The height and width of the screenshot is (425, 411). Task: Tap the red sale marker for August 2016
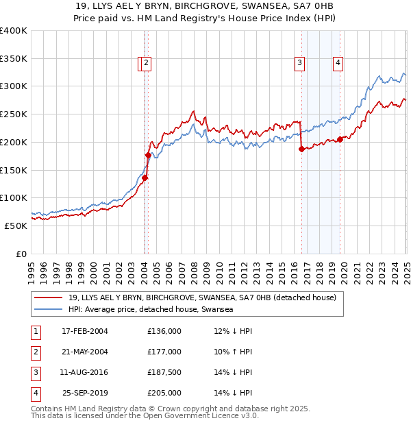pos(301,149)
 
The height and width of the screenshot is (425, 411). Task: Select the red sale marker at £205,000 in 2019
pos(340,139)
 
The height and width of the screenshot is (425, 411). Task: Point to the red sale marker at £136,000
pos(145,178)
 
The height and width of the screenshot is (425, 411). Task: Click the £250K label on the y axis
pos(14,114)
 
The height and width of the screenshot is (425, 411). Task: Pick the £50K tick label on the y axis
pos(16,226)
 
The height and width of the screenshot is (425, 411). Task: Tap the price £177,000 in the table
pos(164,352)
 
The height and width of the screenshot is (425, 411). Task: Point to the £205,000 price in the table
pos(164,393)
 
